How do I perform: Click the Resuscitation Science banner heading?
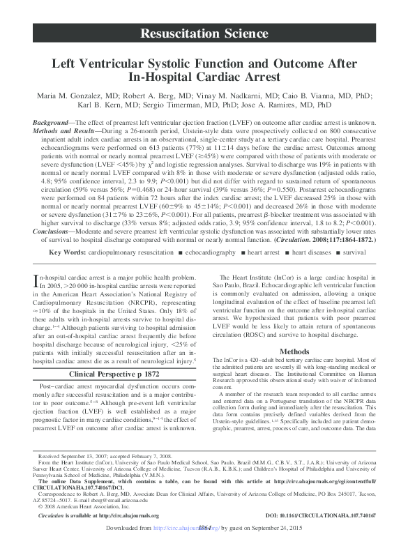(x=204, y=33)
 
